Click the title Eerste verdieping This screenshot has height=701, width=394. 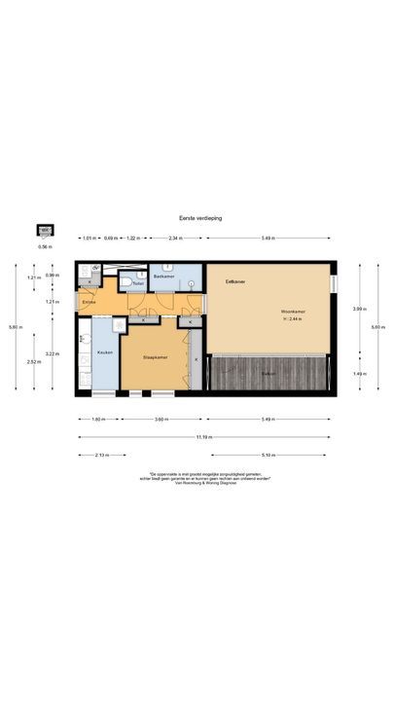(200, 219)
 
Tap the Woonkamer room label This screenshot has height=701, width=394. (293, 312)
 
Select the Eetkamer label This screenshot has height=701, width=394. (234, 282)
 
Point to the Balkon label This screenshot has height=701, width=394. (269, 374)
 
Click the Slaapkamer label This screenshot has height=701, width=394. (157, 358)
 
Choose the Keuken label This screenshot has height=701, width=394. (105, 352)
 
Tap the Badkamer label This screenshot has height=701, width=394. (163, 277)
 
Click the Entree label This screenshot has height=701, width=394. (90, 303)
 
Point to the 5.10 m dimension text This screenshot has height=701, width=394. (268, 455)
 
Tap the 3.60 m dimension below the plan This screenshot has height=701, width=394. (161, 420)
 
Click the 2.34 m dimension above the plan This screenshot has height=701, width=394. (174, 238)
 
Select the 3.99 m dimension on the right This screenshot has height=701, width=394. (357, 309)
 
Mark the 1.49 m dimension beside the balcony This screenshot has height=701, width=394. (357, 374)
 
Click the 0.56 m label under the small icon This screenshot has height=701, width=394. (44, 247)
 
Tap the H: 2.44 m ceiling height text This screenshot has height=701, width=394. (293, 318)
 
